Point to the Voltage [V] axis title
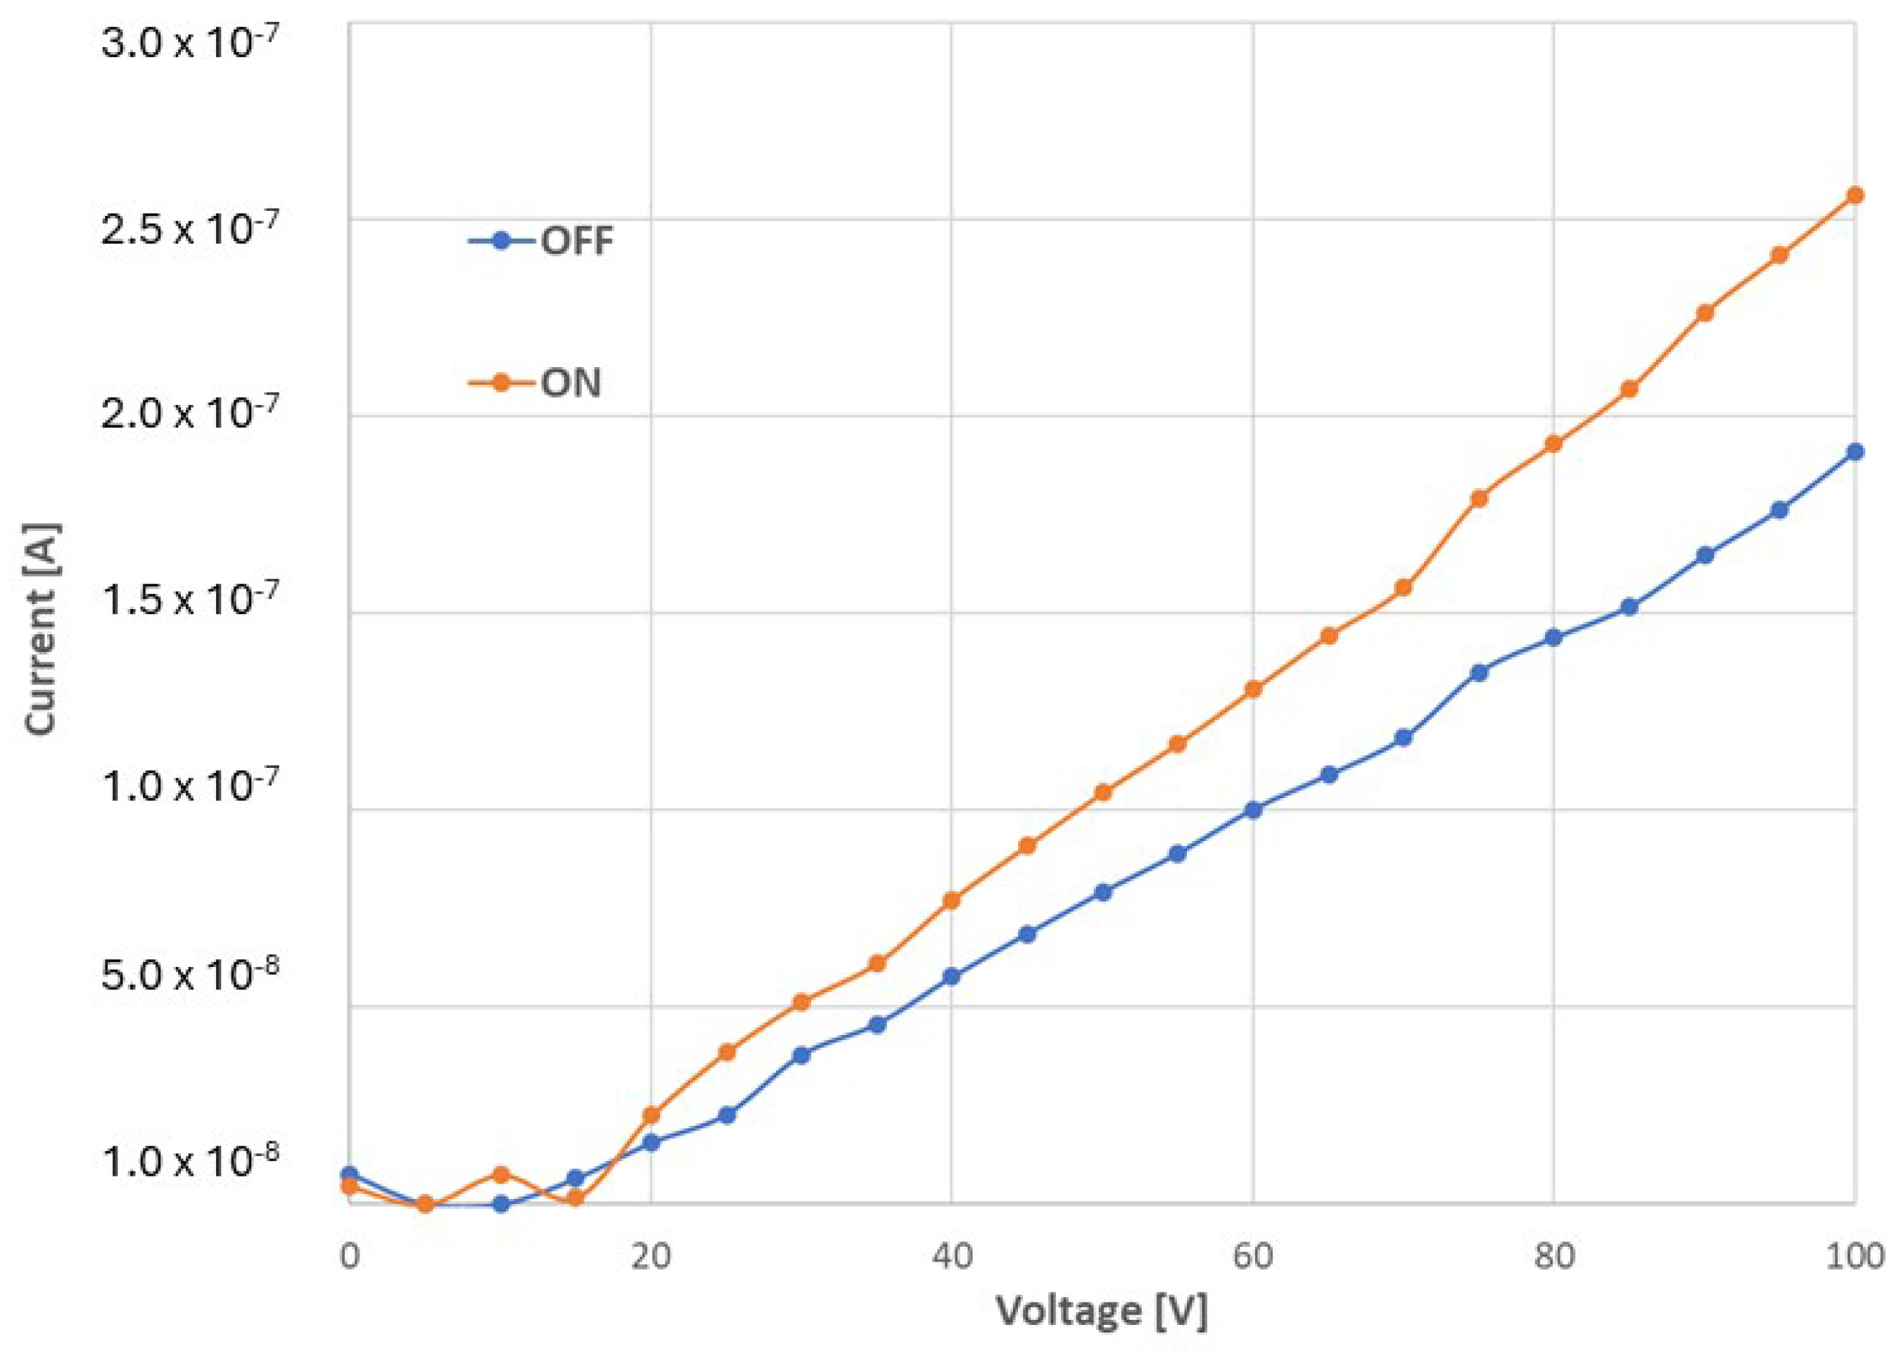pyautogui.click(x=1102, y=1312)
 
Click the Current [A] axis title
pyautogui.click(x=42, y=629)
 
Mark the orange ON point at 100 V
pyautogui.click(x=1855, y=195)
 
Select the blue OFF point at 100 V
pyautogui.click(x=1855, y=452)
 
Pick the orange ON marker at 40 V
pyautogui.click(x=951, y=901)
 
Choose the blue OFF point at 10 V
pyautogui.click(x=501, y=1204)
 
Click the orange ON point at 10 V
pyautogui.click(x=501, y=1174)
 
